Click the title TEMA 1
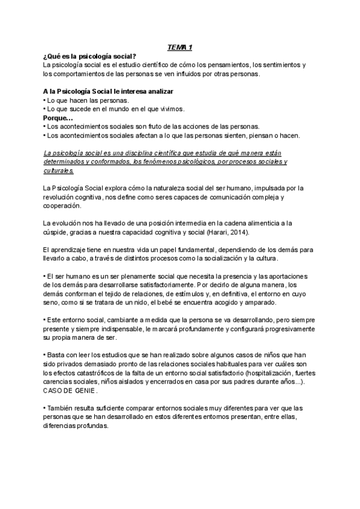179,47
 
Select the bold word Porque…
58,118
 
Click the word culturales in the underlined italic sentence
58,170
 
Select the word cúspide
57,232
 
